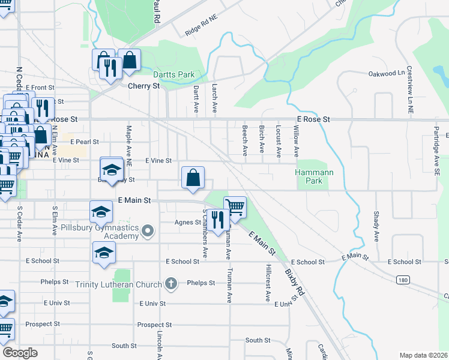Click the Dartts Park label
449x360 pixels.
point(173,74)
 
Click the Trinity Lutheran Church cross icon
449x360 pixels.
point(171,283)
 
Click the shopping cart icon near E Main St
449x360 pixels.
point(235,208)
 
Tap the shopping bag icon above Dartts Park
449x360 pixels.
point(129,60)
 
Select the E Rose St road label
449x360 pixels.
point(313,119)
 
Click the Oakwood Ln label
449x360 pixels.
point(386,74)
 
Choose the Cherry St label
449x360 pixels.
point(143,86)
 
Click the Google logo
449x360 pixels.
point(20,352)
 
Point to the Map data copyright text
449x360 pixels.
point(424,355)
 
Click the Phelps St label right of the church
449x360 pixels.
point(200,283)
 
